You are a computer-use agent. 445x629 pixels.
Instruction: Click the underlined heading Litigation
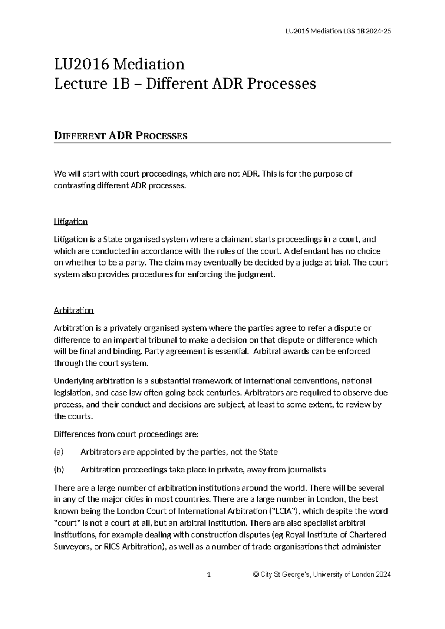[x=70, y=222]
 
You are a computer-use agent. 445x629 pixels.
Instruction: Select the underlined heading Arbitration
[x=73, y=310]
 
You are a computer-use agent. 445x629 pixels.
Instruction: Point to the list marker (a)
[x=59, y=452]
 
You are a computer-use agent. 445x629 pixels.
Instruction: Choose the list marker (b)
[x=59, y=470]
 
